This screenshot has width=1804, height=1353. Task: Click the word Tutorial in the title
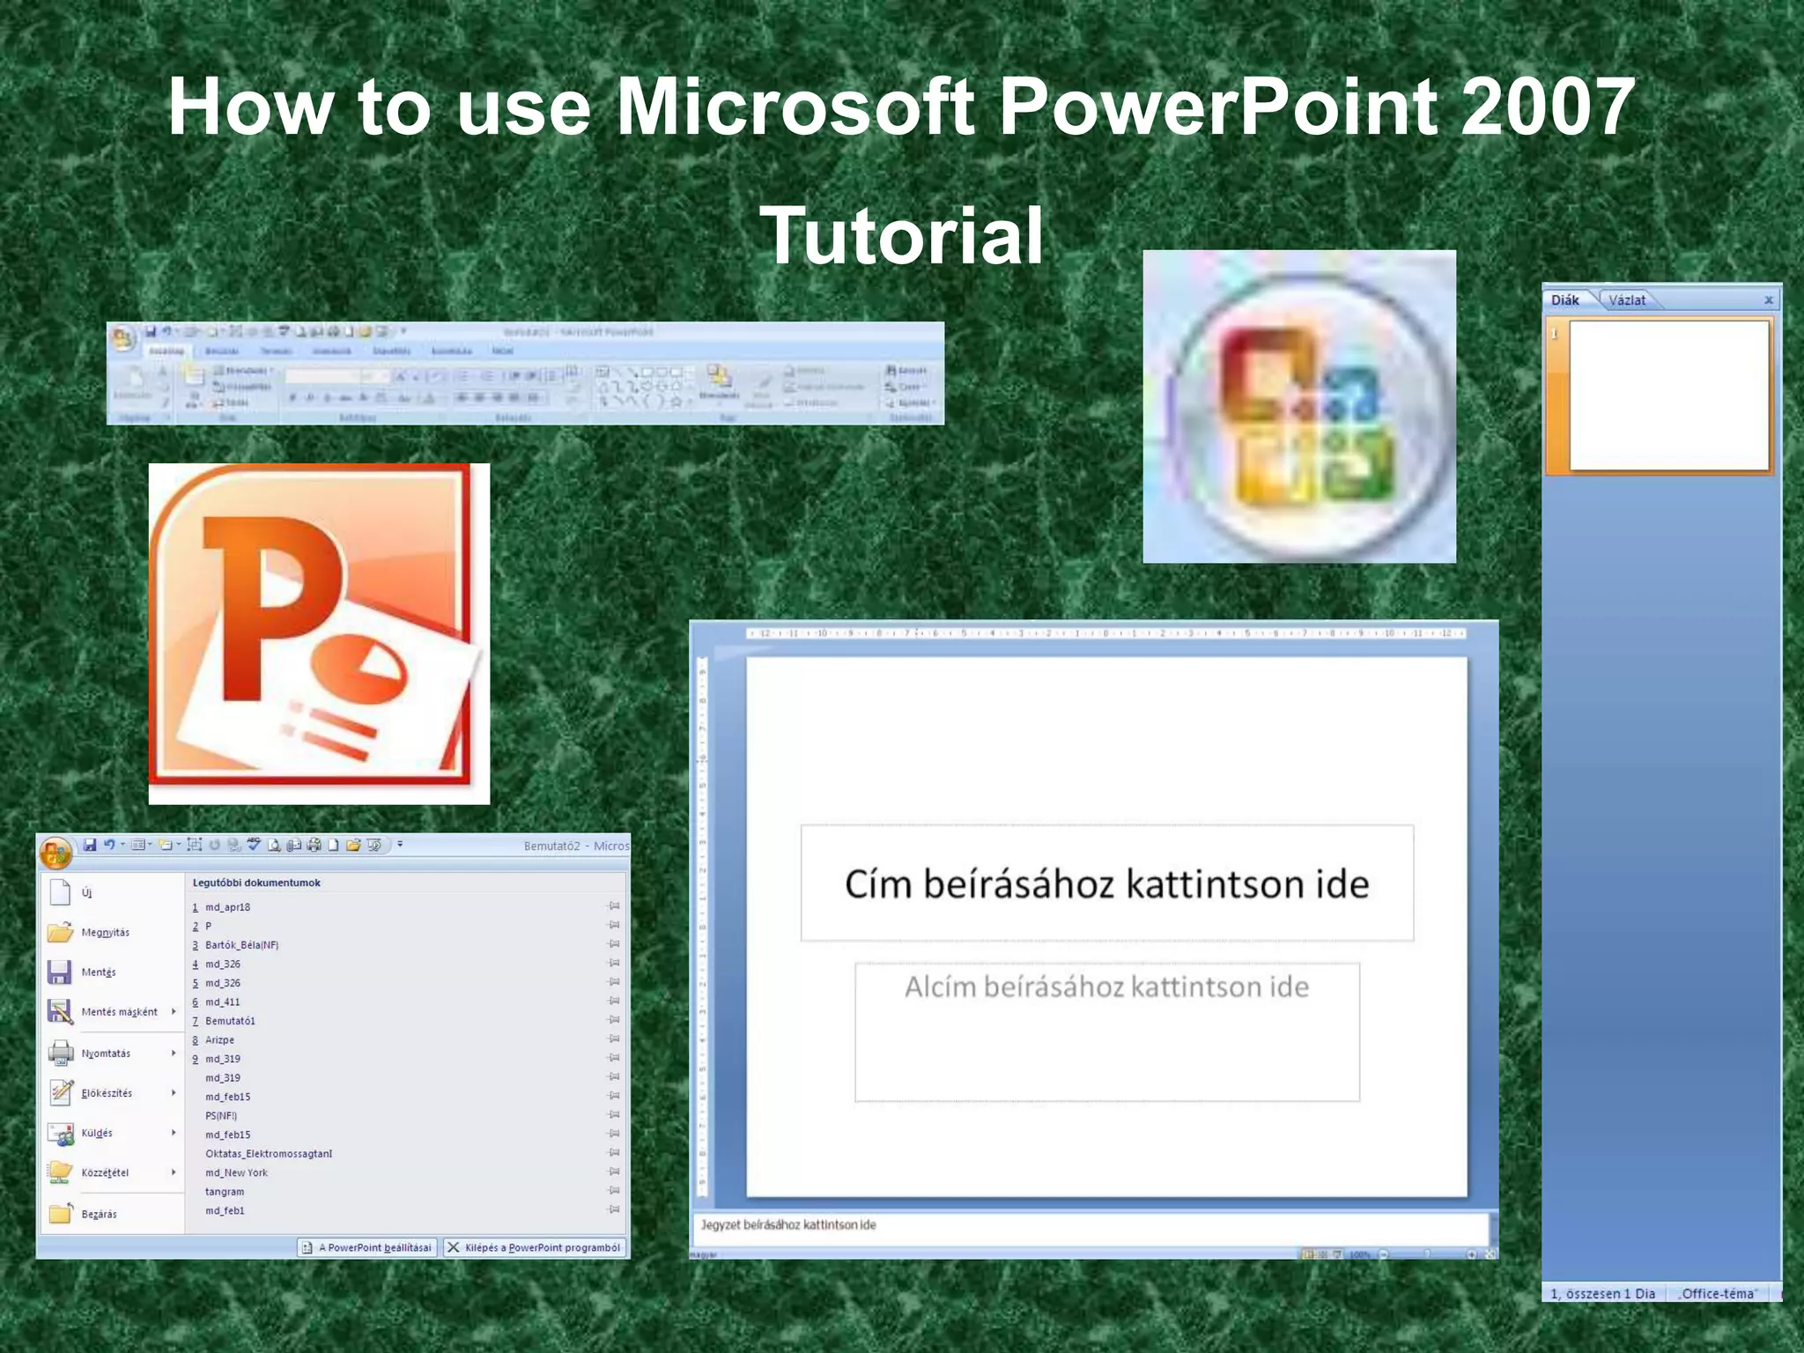click(x=901, y=236)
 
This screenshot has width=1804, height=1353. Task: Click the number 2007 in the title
click(x=1547, y=107)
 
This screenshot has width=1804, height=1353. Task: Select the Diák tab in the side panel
click(x=1565, y=300)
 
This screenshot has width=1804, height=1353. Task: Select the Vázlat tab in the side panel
click(x=1626, y=300)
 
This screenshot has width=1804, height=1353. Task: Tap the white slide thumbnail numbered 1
click(x=1668, y=396)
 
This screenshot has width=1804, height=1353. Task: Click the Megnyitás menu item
click(x=105, y=933)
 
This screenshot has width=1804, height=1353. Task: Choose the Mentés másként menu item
click(x=119, y=1012)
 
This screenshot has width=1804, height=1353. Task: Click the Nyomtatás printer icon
click(x=61, y=1053)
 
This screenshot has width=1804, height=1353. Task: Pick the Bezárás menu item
click(x=99, y=1215)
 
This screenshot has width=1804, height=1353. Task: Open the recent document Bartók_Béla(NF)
click(x=241, y=945)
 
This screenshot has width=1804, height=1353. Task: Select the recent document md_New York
click(x=236, y=1173)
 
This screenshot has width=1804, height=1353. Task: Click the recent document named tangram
click(x=225, y=1192)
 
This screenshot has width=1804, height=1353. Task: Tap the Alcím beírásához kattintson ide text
click(x=1106, y=987)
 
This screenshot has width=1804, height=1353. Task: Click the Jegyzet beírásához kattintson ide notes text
click(x=788, y=1225)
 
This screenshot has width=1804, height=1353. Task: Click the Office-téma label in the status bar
click(x=1718, y=1294)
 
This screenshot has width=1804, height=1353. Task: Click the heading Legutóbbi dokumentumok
click(x=256, y=883)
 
